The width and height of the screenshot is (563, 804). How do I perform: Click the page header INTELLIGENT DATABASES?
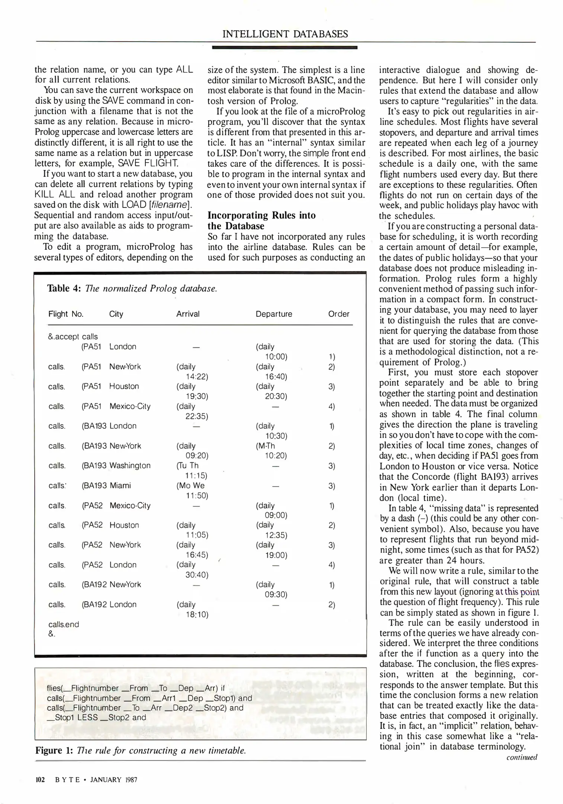(285, 34)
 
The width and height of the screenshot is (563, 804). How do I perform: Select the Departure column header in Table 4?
(274, 314)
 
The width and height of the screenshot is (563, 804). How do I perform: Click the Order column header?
(338, 314)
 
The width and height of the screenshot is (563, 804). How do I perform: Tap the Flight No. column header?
(66, 314)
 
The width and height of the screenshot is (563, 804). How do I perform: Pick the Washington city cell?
(130, 465)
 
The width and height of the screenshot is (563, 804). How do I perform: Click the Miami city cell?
(120, 485)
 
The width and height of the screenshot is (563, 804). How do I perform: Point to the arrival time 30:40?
(197, 575)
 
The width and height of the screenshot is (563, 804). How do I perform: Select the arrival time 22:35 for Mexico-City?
(197, 416)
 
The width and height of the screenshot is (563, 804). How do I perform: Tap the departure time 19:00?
(276, 555)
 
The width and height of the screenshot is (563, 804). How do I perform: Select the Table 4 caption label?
(64, 288)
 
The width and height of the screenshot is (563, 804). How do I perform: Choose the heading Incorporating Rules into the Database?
(261, 220)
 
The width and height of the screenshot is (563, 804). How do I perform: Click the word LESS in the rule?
(87, 718)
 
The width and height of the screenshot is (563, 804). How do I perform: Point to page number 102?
(40, 779)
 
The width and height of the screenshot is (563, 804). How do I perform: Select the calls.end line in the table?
(64, 624)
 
